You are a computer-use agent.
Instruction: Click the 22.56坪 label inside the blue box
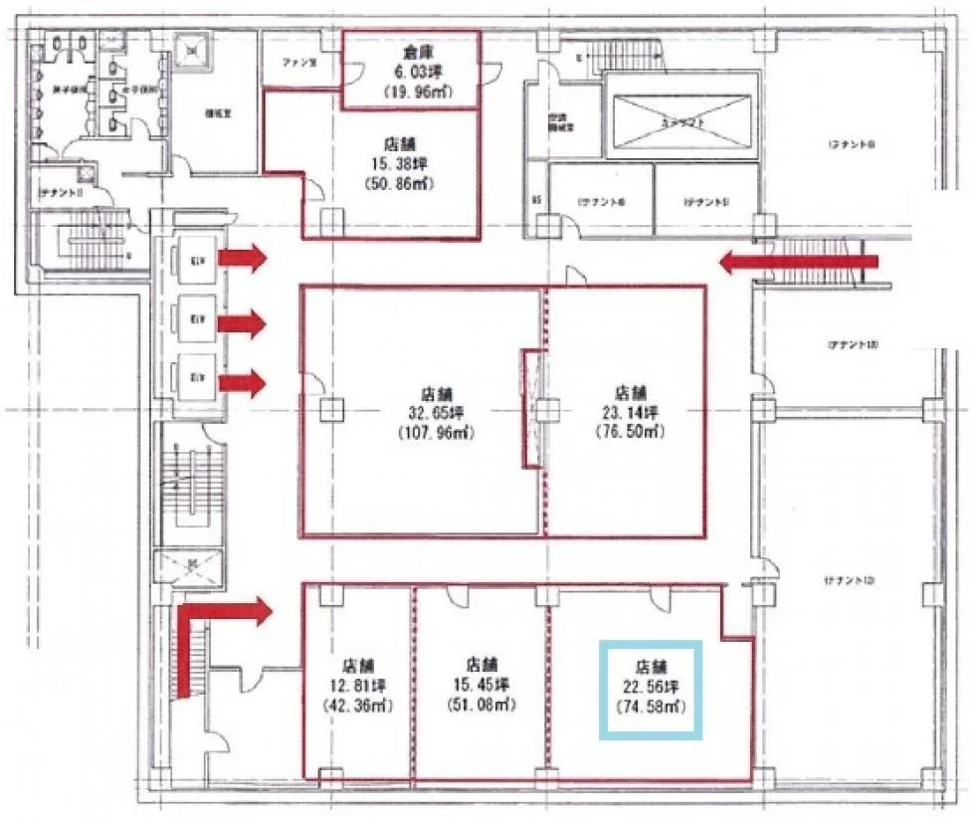(x=651, y=686)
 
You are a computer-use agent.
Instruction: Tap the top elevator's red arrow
(x=244, y=260)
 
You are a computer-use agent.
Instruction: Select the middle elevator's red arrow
(x=244, y=321)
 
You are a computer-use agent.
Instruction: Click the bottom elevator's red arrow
(x=244, y=381)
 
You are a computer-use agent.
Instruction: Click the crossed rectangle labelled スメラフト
(x=682, y=124)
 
